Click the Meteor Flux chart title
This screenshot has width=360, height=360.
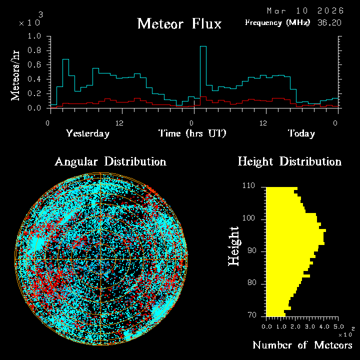(179, 23)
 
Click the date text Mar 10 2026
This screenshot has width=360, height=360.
(305, 10)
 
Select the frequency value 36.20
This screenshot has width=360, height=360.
(329, 22)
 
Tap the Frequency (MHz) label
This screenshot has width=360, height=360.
(277, 22)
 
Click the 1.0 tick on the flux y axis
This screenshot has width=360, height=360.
(35, 36)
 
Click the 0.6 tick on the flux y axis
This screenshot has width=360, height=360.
(35, 65)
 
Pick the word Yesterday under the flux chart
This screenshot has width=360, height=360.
(87, 133)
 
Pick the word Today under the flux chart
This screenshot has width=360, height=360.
(301, 133)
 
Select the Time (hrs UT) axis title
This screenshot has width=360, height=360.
(192, 133)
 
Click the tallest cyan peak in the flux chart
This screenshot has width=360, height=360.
(203, 47)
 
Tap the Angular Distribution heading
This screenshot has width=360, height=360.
(110, 161)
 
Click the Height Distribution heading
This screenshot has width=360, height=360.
(289, 161)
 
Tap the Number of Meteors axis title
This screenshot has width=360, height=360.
(302, 345)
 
